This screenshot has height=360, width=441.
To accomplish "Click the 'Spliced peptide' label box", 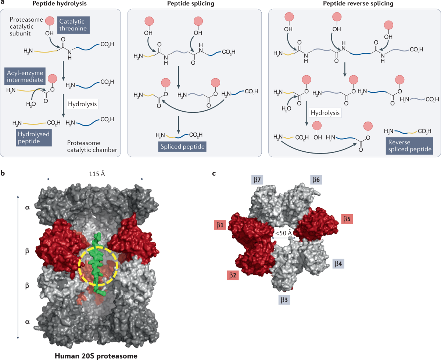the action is [x=182, y=147].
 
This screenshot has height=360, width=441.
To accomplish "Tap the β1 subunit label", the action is [x=219, y=224].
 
